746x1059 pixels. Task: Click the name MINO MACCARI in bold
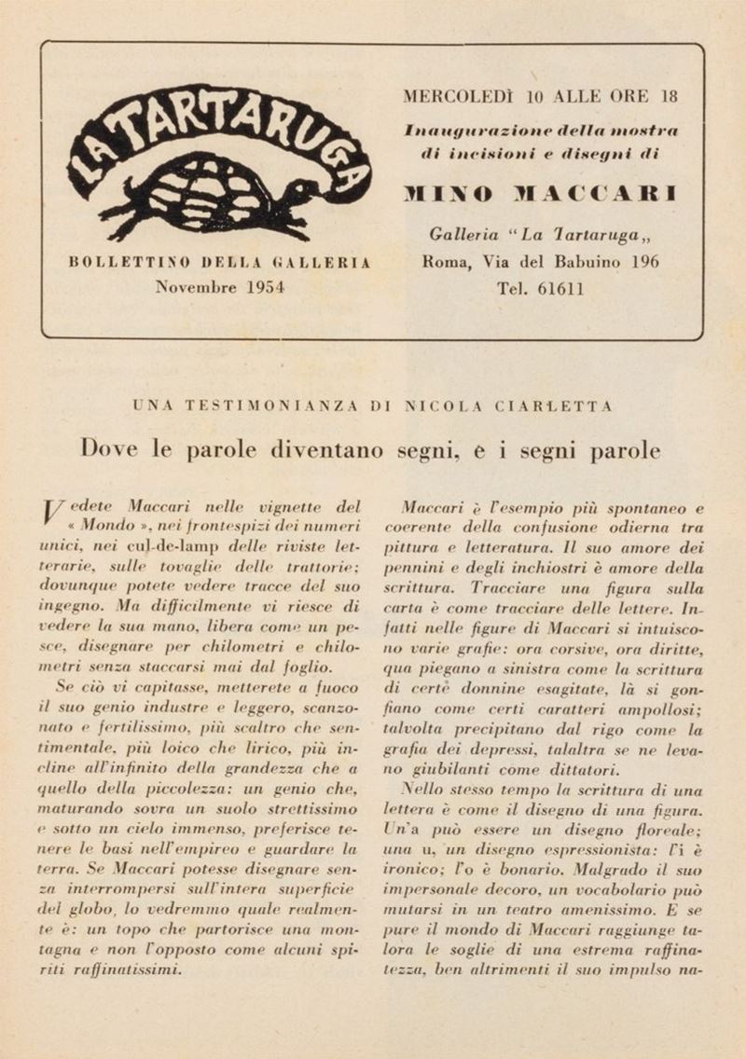[540, 194]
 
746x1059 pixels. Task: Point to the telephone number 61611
[561, 288]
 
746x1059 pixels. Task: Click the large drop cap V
[53, 512]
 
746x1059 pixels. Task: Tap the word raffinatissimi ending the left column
[125, 968]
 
